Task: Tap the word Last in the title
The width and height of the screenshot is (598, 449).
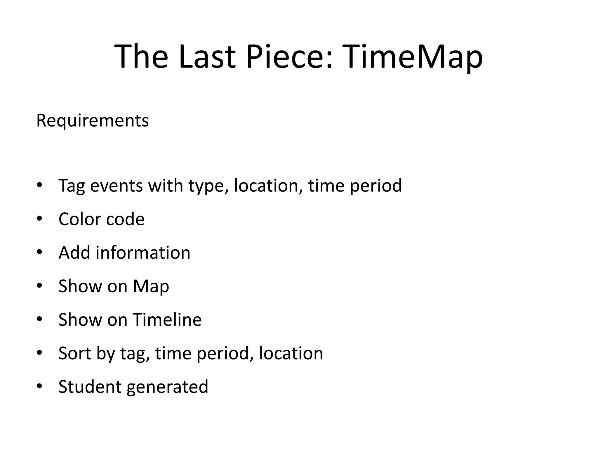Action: point(207,56)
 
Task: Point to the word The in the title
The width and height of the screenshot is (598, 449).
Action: point(141,56)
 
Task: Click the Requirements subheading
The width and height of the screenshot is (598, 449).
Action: point(92,120)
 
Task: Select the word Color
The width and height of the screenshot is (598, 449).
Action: point(79,219)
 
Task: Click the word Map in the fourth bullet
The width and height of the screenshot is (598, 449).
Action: point(151,286)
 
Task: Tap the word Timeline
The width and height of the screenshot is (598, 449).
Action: point(167,320)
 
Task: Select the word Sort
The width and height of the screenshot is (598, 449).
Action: point(74,353)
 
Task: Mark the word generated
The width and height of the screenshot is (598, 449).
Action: point(167,387)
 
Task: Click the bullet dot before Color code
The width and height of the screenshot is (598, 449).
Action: point(40,219)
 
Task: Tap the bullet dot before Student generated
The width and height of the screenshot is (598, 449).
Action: point(40,386)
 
